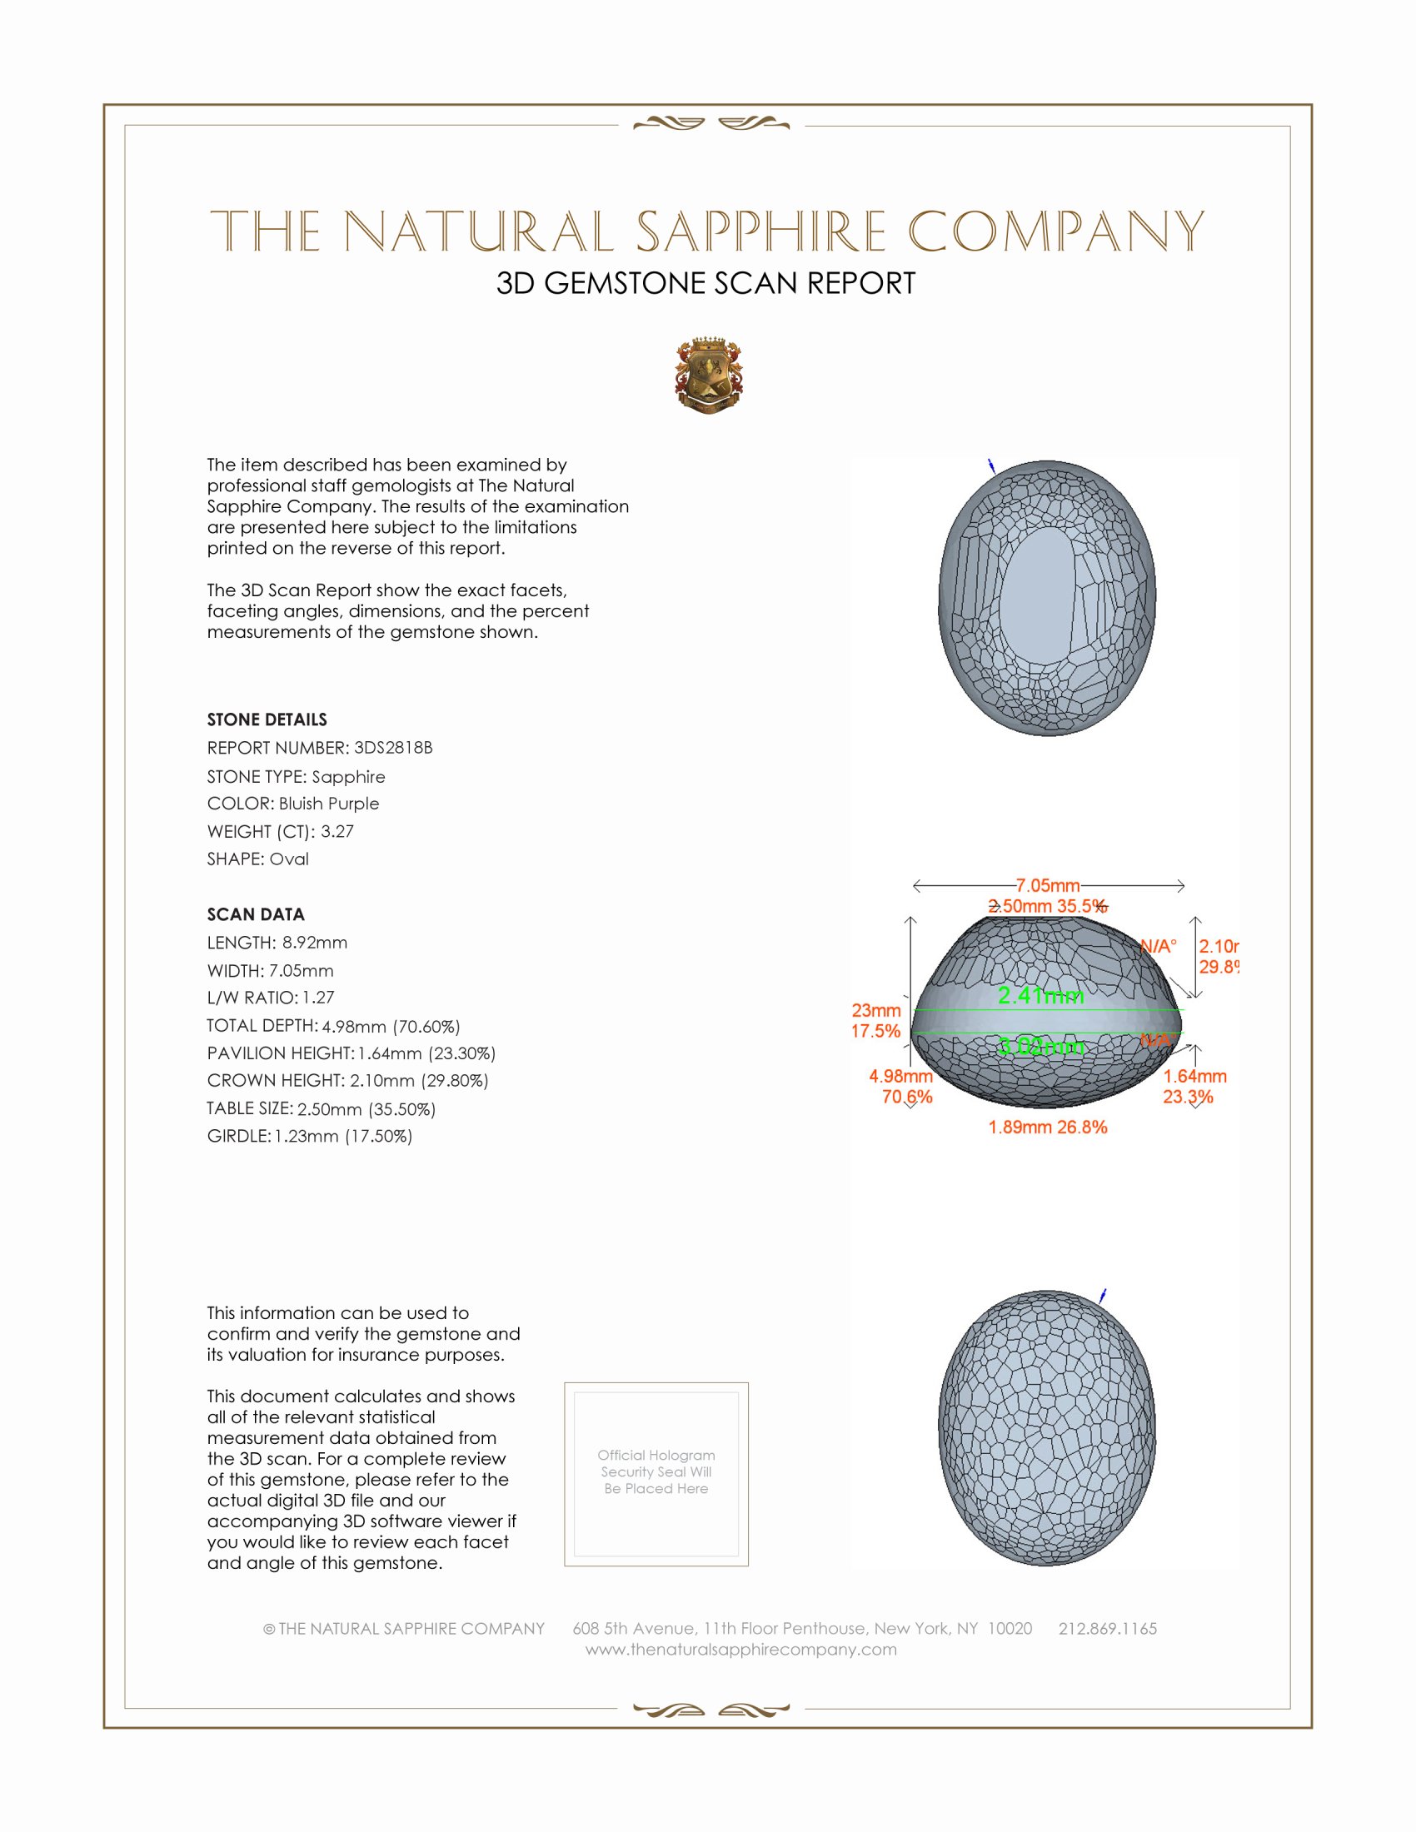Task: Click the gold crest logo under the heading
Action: pos(709,376)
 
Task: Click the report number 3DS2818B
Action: pos(392,748)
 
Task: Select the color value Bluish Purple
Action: pos(329,804)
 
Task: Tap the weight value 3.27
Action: pos(337,831)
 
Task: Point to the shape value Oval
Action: pos(288,859)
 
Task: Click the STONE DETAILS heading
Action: pos(267,719)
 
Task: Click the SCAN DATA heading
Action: pos(256,914)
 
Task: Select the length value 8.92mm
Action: pos(315,942)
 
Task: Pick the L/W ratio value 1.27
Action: pos(319,998)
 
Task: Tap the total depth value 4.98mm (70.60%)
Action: pos(391,1026)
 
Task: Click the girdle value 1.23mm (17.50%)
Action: pos(343,1136)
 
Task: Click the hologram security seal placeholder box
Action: pos(656,1474)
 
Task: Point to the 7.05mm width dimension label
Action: pos(1048,885)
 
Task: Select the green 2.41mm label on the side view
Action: pos(1040,996)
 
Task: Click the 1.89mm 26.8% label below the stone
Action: pos(1048,1127)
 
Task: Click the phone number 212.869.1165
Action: pos(1107,1628)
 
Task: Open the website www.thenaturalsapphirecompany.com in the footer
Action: pos(740,1649)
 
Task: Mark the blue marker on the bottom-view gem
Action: pos(1103,1296)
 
